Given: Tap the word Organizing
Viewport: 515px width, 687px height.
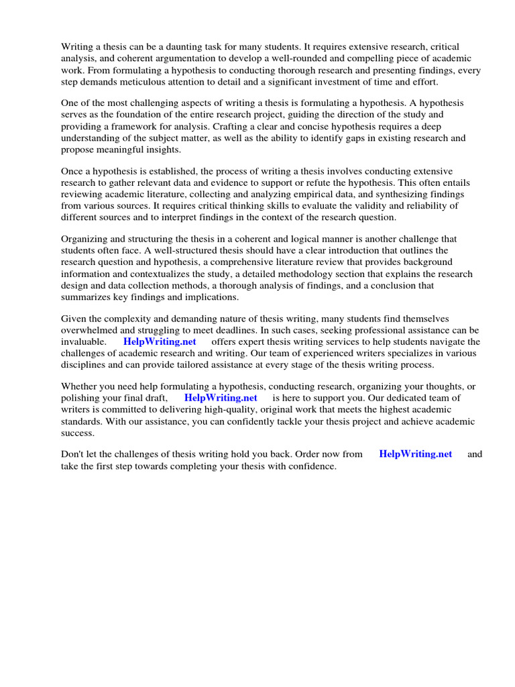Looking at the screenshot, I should (x=87, y=240).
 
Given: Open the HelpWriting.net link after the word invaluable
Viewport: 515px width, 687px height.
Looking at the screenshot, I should (x=160, y=342).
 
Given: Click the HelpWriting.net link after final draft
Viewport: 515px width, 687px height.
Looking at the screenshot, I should (x=221, y=399).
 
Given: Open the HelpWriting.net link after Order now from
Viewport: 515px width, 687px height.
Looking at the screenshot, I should (x=416, y=455).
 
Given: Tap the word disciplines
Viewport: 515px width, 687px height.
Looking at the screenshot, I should (x=87, y=365).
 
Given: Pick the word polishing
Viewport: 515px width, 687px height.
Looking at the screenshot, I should (x=81, y=399).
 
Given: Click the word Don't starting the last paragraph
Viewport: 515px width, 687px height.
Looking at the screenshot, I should (x=73, y=455).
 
